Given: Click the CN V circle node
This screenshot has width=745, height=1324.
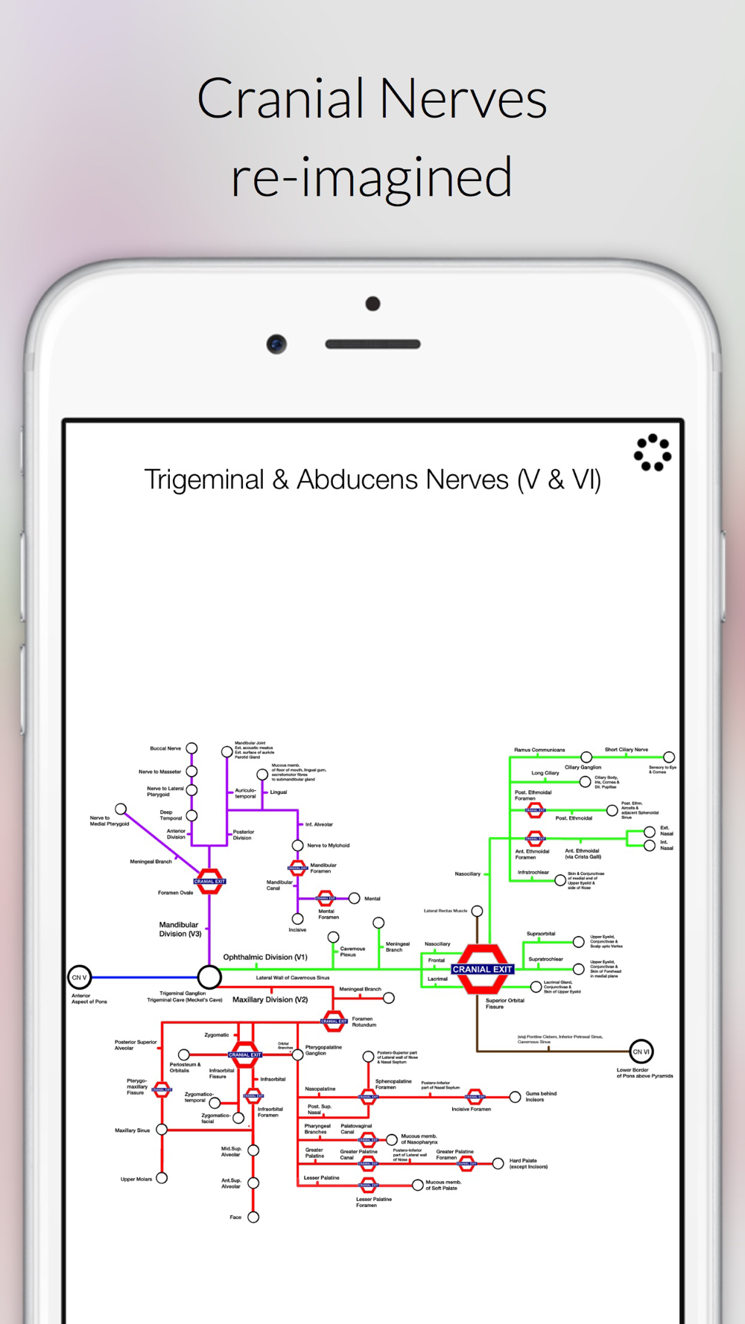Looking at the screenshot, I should [79, 977].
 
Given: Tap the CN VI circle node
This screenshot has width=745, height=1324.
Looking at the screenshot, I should [641, 1051].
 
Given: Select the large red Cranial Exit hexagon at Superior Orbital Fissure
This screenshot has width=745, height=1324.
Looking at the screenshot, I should [481, 969].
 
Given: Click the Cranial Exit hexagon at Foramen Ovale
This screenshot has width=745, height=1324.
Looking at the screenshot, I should [209, 881].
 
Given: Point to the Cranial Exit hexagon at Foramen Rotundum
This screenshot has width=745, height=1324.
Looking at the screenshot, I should [334, 1021].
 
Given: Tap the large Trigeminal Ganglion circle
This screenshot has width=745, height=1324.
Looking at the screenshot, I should [209, 976].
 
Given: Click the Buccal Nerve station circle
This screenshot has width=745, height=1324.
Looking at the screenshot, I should [191, 748].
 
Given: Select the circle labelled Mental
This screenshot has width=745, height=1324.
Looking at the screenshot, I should [355, 898].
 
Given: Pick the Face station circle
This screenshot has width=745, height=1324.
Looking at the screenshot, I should [253, 1217].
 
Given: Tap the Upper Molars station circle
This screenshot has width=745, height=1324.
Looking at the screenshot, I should [162, 1178].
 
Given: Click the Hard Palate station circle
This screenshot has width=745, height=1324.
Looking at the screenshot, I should [498, 1163].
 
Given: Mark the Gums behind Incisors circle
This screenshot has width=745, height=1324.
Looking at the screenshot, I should [515, 1097].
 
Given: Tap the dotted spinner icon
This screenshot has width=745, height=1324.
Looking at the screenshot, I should [653, 453].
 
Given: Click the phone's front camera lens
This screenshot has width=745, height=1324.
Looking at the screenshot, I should [276, 344].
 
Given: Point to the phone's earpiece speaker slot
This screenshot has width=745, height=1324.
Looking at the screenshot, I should [372, 344].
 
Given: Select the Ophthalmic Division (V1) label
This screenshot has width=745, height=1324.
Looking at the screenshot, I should [265, 957].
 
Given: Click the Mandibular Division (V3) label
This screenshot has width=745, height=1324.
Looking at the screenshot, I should [180, 929].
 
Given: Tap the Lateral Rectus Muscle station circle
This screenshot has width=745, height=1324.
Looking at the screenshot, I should [477, 911].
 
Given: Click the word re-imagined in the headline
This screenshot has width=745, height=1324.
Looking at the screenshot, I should [372, 177].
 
